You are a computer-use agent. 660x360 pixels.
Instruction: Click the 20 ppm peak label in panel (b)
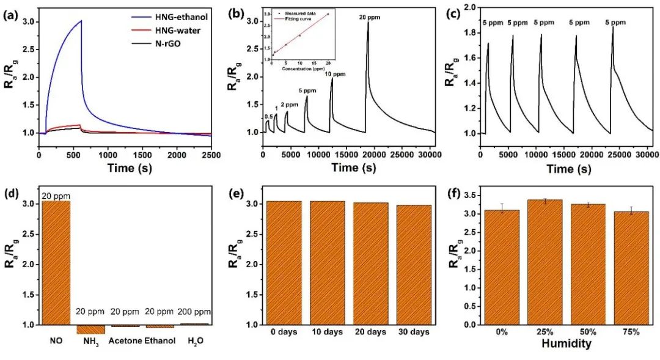point(369,18)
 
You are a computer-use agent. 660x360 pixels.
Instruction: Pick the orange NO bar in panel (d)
point(56,263)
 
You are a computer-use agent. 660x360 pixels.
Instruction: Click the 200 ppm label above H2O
point(194,311)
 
